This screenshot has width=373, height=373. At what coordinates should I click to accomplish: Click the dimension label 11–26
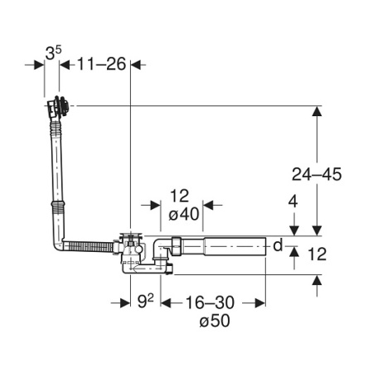pos(101,64)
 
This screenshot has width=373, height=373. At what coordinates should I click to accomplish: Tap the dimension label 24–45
pos(317,174)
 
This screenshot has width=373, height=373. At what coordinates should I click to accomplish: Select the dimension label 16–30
pos(210,303)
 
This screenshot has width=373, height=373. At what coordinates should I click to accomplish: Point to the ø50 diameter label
pos(215,321)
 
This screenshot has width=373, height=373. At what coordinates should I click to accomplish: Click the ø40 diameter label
pos(184,214)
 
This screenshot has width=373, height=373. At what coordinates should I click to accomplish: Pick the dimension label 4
pos(293,201)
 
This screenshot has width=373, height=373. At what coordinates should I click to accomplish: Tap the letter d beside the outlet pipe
pos(278,245)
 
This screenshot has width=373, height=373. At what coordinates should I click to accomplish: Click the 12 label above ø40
pos(180,196)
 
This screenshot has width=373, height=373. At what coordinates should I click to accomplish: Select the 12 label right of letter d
pos(317,254)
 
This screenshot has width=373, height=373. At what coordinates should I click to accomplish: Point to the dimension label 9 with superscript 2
pos(145,301)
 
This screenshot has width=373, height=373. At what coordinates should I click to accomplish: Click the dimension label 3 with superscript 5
pos(53,53)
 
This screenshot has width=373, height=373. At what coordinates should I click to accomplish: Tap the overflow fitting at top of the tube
pos(58,108)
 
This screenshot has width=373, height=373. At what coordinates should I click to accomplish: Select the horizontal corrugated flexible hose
pos(88,246)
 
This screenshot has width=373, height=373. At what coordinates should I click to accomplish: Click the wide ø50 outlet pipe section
pos(235,246)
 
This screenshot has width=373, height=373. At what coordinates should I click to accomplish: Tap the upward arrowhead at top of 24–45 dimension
pos(317,111)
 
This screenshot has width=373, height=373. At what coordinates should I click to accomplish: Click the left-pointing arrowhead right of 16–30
pos(260,303)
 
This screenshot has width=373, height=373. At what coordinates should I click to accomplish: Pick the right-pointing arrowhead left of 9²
pos(125,303)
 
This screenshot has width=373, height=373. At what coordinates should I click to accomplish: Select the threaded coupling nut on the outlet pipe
pos(177,246)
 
